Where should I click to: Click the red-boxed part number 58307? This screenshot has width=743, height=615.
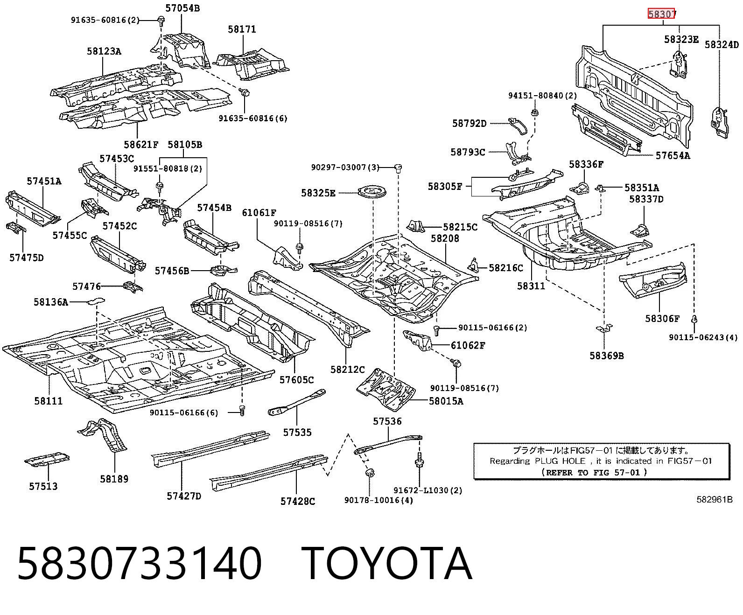click(x=661, y=14)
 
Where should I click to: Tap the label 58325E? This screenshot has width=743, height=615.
click(x=318, y=193)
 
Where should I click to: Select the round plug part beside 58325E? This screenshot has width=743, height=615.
click(x=372, y=192)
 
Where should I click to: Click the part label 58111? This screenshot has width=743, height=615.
click(x=49, y=401)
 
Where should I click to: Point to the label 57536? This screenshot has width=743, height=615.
click(x=387, y=421)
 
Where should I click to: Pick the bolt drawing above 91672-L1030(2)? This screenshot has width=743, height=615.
click(x=419, y=460)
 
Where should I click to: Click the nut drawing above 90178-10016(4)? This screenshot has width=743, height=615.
click(x=370, y=473)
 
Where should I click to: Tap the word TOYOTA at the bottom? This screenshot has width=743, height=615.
click(x=387, y=564)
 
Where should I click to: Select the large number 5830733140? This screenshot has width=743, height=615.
click(x=140, y=564)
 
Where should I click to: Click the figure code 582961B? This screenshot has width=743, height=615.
click(x=715, y=499)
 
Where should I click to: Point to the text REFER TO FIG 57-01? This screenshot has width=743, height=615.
click(x=594, y=473)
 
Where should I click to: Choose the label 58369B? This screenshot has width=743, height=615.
click(x=607, y=356)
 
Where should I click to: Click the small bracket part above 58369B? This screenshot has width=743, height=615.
click(x=604, y=328)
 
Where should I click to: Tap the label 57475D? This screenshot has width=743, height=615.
click(x=26, y=257)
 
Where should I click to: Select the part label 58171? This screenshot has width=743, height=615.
click(x=242, y=29)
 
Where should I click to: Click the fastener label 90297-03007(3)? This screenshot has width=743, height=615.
click(x=345, y=167)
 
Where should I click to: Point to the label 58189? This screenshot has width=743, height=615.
click(x=114, y=479)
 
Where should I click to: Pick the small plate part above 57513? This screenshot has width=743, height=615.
click(x=47, y=459)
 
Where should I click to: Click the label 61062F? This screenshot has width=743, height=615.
click(x=468, y=345)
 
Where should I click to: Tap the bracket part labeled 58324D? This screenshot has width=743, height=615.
click(x=719, y=123)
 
